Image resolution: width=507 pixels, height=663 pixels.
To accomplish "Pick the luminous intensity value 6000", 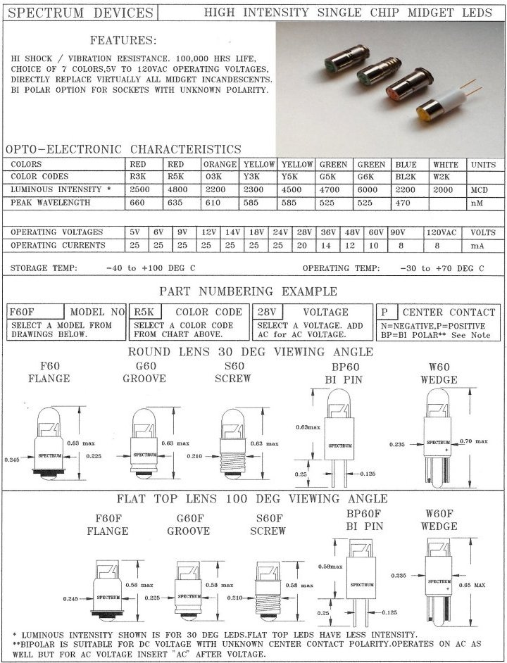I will click(370, 190).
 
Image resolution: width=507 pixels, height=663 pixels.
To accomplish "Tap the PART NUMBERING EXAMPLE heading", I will click(248, 291).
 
